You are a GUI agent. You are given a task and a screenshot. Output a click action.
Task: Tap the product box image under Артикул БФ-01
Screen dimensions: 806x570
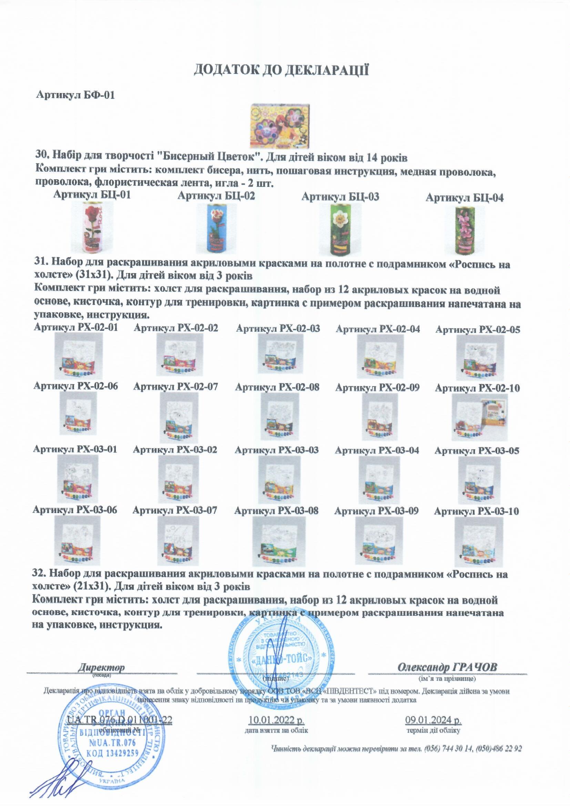coord(281,126)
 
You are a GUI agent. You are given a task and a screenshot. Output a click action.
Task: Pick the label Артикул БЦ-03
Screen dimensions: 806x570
coord(340,197)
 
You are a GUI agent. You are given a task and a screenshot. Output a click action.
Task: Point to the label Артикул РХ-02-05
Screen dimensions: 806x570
coord(477,330)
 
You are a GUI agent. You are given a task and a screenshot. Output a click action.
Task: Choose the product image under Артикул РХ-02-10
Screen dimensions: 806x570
coord(480,417)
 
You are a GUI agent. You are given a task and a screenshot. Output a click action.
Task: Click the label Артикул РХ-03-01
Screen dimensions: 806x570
coord(75,449)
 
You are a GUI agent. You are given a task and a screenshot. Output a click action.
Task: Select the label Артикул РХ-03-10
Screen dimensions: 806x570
coord(476,512)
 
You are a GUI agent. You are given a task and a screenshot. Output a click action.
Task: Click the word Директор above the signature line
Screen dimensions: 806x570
coord(101,667)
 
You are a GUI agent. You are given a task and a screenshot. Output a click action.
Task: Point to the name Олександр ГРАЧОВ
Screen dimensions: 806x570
coord(447,667)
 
